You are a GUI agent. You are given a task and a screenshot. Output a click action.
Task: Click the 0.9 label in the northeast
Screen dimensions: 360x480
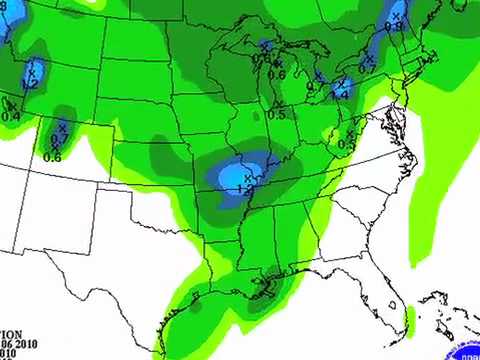(x=393, y=27)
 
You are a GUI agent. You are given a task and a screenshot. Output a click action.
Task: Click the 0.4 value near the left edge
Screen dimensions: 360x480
(x=11, y=117)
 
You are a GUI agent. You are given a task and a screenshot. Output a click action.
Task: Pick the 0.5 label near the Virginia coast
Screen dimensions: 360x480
(x=347, y=145)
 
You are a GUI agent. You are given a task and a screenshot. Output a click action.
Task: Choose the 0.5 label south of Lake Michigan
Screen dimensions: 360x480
(x=277, y=115)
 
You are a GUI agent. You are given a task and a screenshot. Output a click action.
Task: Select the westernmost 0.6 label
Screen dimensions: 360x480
(x=53, y=157)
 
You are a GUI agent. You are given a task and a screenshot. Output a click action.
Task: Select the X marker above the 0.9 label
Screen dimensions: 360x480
(x=395, y=17)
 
